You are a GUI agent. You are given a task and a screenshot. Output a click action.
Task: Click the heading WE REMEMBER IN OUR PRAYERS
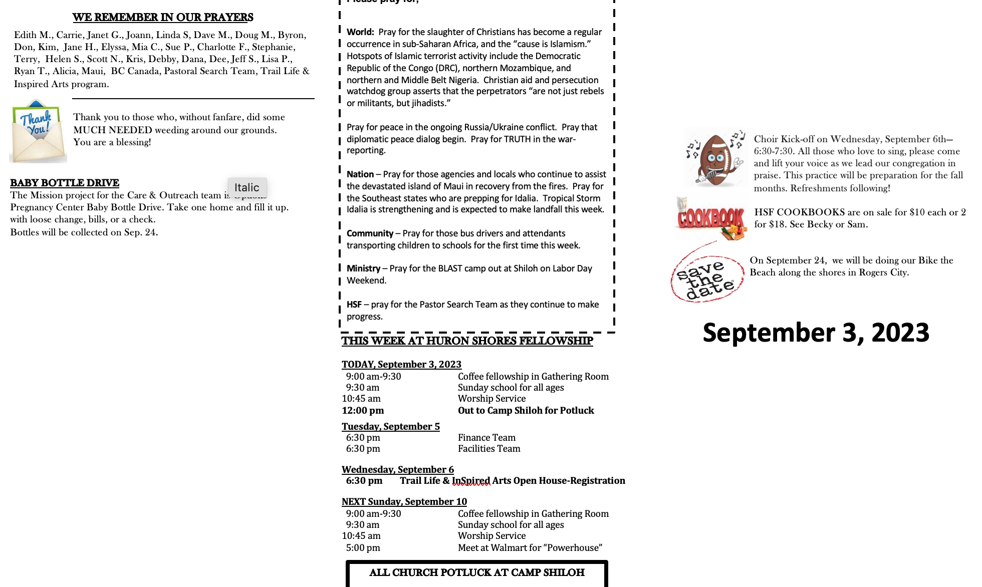[163, 18]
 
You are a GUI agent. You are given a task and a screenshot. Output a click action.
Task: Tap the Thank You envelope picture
[38, 132]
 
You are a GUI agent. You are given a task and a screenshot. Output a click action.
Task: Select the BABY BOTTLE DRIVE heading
[65, 183]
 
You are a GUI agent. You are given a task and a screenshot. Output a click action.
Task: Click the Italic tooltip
[247, 187]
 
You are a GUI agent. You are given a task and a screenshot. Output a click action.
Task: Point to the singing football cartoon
[715, 158]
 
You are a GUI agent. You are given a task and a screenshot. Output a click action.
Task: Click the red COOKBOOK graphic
[710, 219]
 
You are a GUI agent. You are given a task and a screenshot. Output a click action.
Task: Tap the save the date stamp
[706, 275]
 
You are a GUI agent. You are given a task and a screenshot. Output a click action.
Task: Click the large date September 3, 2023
[816, 333]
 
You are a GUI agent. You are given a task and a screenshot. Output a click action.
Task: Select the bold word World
[360, 32]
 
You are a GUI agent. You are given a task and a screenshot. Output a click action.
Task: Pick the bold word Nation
[360, 174]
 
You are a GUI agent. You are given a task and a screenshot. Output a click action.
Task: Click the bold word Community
[370, 233]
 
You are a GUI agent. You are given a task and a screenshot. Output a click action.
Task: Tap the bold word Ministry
[363, 268]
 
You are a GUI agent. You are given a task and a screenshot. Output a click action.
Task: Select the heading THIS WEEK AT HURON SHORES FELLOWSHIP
[467, 341]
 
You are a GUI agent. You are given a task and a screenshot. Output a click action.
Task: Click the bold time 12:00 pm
[363, 411]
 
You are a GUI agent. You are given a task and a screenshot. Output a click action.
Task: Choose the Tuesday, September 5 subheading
[391, 427]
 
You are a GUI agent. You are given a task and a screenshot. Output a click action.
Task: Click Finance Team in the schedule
[486, 438]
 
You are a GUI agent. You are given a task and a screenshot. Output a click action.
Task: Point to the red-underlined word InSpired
[471, 481]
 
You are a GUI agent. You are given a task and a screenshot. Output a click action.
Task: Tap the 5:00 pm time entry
[363, 548]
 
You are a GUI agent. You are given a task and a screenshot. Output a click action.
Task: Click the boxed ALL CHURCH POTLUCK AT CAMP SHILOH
[476, 572]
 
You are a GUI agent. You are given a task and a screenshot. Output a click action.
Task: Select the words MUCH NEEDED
[113, 130]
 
